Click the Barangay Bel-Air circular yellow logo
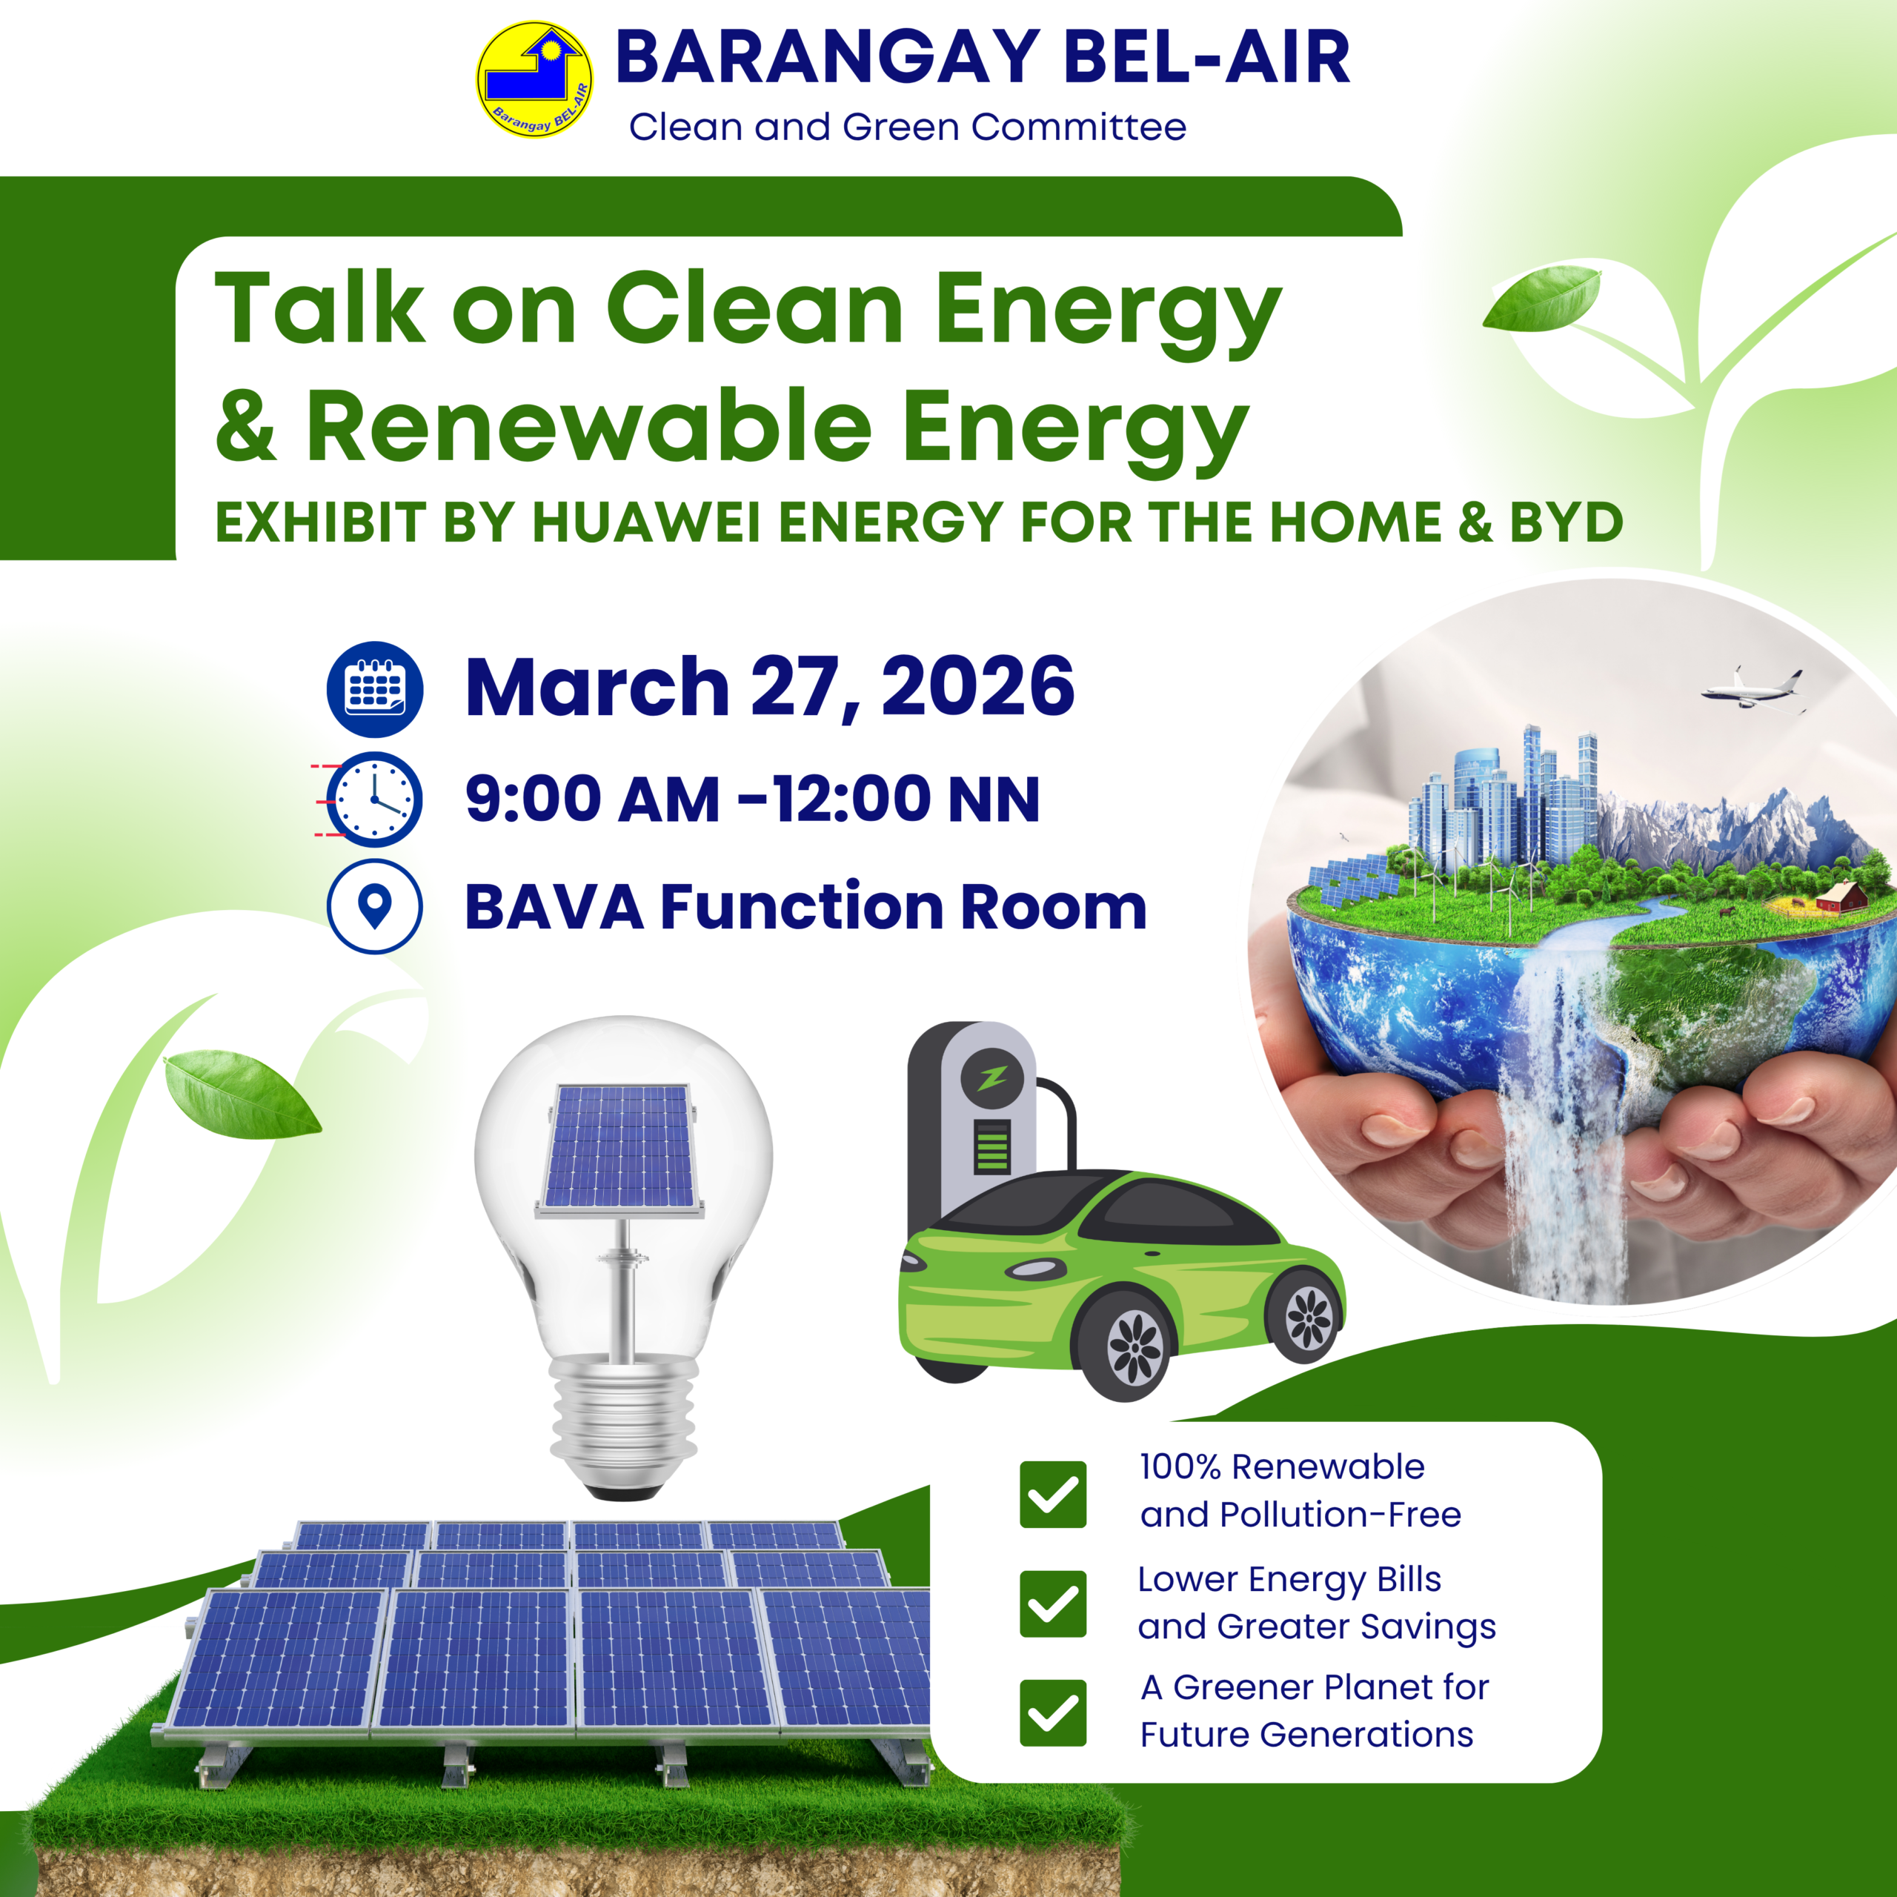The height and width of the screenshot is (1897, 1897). click(534, 79)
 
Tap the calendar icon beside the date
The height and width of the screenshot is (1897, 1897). click(375, 689)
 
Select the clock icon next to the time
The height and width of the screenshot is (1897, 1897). click(373, 800)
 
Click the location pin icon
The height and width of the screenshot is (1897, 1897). click(375, 906)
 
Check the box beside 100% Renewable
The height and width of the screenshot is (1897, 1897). click(1052, 1495)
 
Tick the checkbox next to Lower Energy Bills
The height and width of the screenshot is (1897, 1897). click(1052, 1604)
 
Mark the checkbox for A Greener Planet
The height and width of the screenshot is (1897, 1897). click(1052, 1713)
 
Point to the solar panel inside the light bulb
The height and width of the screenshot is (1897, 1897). click(619, 1149)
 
